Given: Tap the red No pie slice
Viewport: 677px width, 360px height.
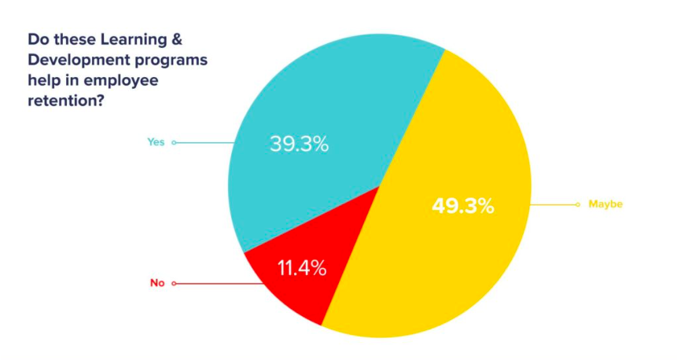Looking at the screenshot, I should pyautogui.click(x=291, y=283).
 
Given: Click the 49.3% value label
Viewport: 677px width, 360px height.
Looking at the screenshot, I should pyautogui.click(x=462, y=207).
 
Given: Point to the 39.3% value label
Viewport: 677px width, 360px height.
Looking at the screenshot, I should pyautogui.click(x=299, y=145).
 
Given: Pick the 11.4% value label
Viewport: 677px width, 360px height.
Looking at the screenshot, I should pyautogui.click(x=302, y=268).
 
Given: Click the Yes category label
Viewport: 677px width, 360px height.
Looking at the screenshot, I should pyautogui.click(x=156, y=142).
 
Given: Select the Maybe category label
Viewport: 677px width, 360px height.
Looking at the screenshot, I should pyautogui.click(x=605, y=204).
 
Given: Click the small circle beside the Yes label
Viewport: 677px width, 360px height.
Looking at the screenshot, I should pyautogui.click(x=174, y=142).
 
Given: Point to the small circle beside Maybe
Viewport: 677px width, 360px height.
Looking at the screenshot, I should pyautogui.click(x=579, y=204).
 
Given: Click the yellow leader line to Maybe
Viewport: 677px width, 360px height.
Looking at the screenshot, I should pyautogui.click(x=554, y=204).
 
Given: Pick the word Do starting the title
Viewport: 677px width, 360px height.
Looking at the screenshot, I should pyautogui.click(x=37, y=39).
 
